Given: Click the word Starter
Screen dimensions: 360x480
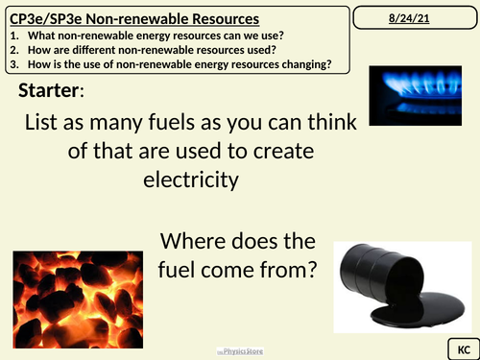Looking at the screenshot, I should pos(49,91).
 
